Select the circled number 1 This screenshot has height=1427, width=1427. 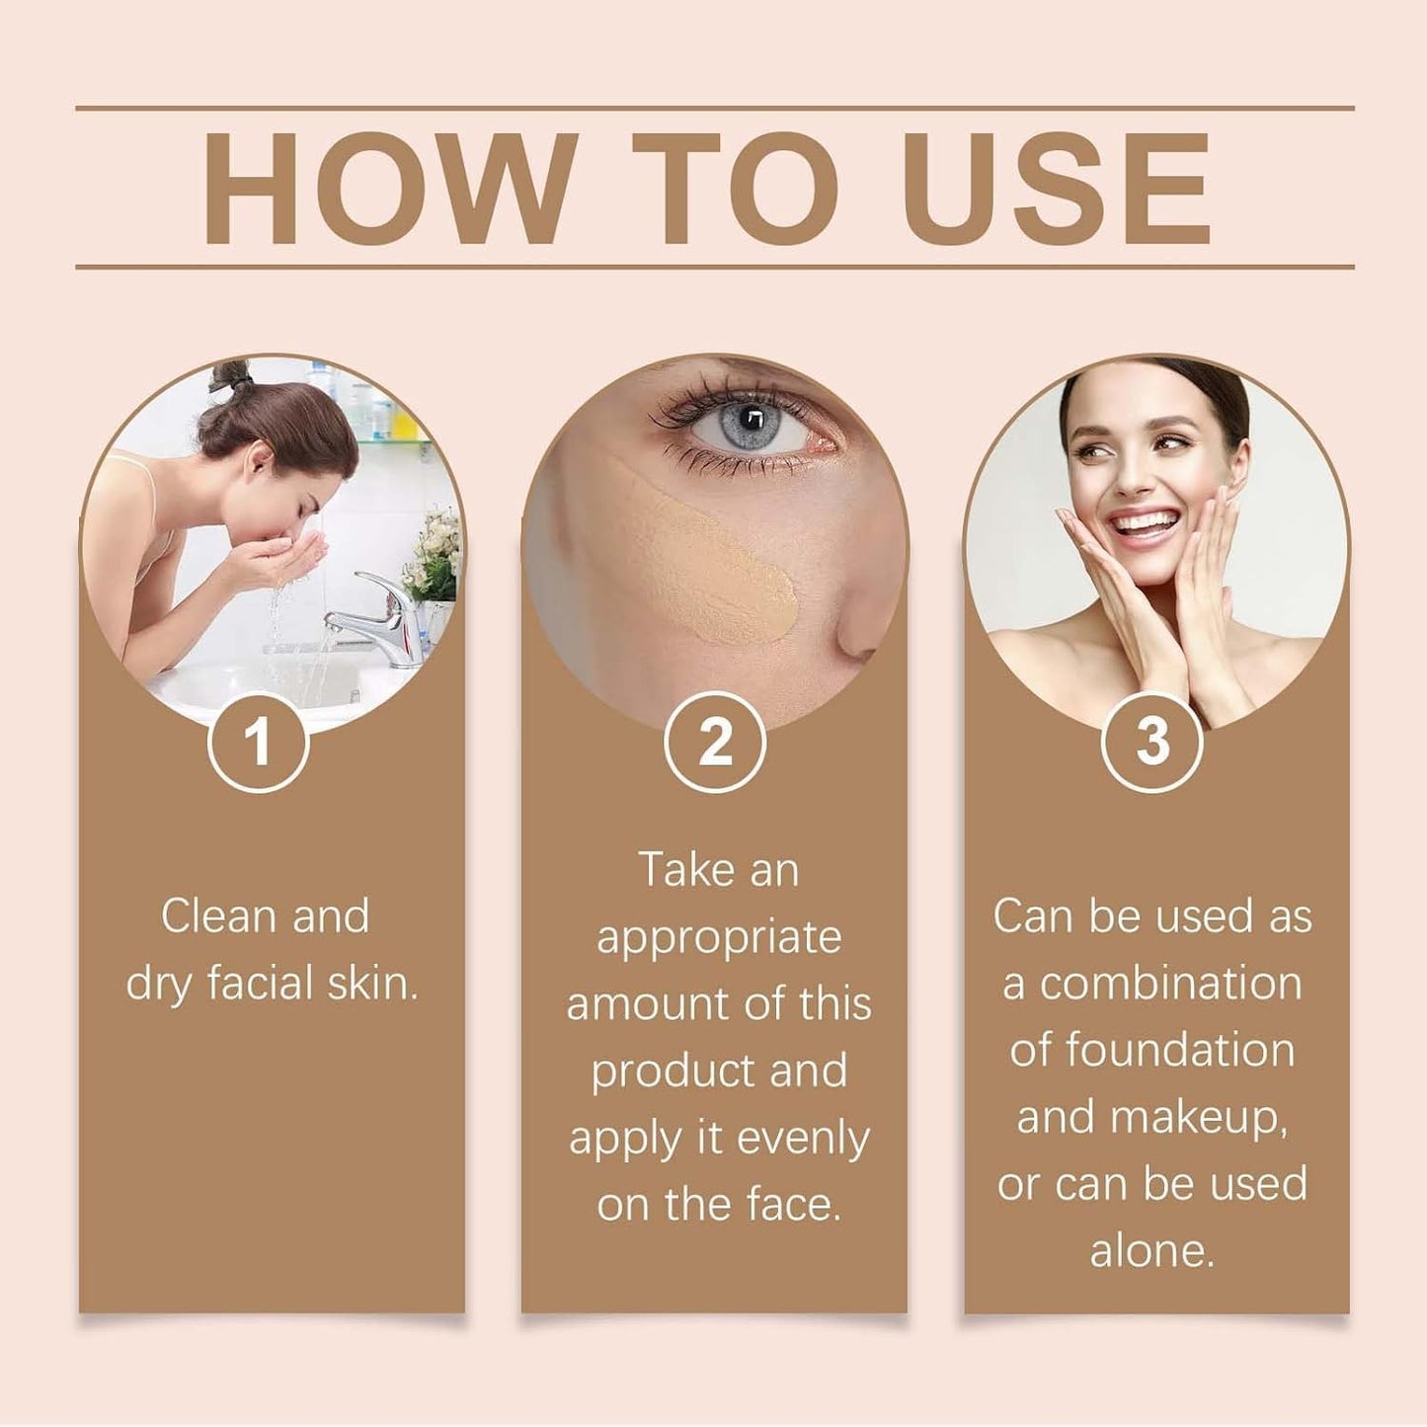click(258, 742)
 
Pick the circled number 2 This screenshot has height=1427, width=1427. click(715, 742)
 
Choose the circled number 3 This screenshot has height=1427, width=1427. click(1151, 742)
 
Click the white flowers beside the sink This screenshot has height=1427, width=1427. click(435, 553)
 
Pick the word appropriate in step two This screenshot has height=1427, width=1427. click(719, 938)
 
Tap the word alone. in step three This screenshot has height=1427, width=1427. click(1151, 1251)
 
